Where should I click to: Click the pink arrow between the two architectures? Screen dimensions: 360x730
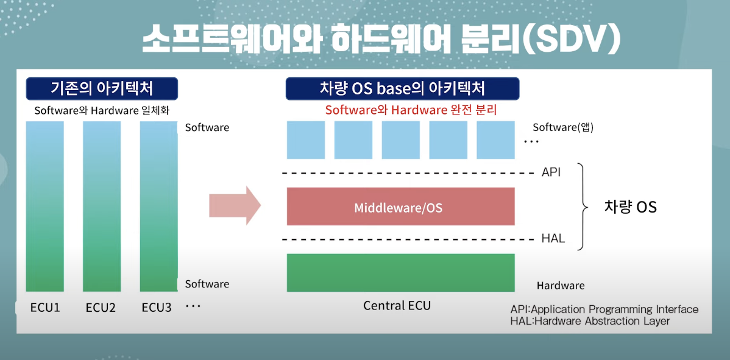234,205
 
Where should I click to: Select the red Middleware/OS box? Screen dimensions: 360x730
400,206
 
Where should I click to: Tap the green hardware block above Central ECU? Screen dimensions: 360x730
400,272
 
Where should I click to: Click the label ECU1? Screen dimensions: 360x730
45,307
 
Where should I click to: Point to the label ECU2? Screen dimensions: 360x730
101,307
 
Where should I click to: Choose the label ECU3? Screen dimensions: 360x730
157,307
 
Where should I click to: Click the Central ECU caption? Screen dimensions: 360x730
397,305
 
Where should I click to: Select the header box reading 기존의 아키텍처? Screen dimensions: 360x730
102,89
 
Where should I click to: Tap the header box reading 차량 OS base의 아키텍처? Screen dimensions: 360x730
402,89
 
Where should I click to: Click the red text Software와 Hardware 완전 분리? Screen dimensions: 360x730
411,110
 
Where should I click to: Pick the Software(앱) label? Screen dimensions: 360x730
563,127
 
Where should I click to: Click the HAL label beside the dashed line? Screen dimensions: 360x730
553,238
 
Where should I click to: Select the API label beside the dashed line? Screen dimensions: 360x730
551,172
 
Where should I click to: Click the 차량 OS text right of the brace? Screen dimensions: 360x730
630,206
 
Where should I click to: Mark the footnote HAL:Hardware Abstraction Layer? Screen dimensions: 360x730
590,321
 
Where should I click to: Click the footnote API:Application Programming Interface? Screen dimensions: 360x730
604,309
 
